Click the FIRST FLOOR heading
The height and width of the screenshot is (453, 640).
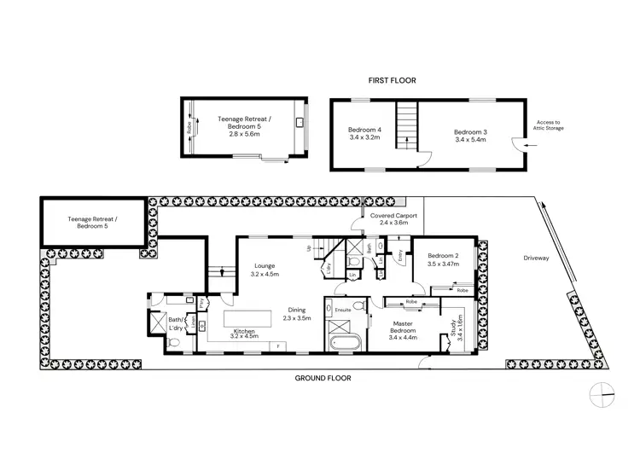(x=391, y=80)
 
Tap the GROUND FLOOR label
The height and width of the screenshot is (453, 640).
(x=322, y=378)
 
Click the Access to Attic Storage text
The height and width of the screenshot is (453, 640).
(x=547, y=126)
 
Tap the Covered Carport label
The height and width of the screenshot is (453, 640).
(x=393, y=217)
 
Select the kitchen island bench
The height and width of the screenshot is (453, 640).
(x=252, y=318)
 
